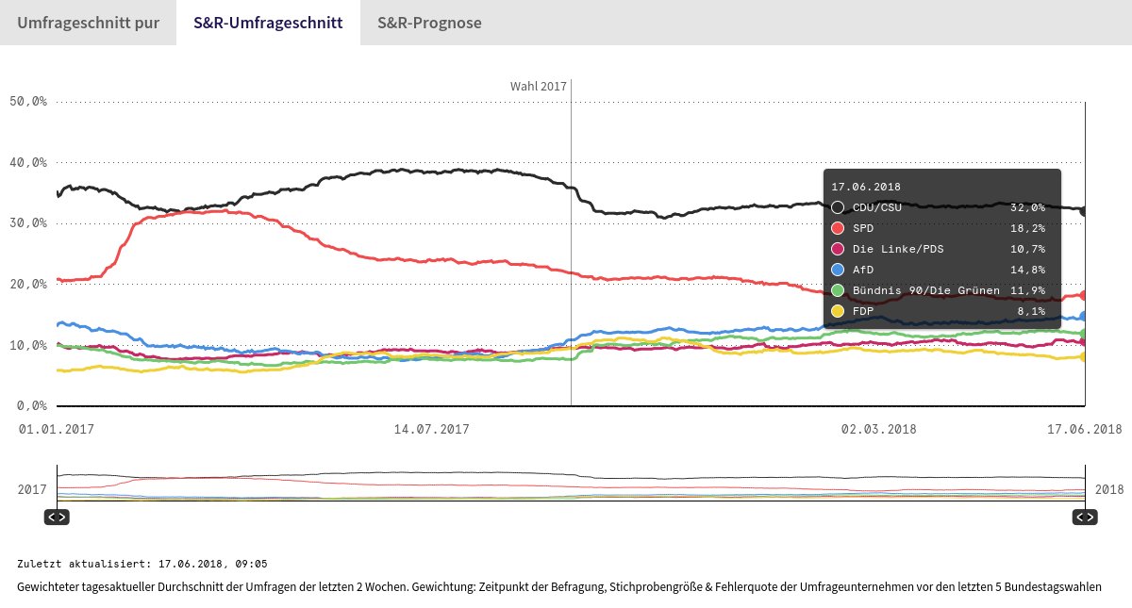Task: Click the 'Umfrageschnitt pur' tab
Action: coord(88,23)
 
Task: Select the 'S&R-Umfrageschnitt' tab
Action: coord(268,23)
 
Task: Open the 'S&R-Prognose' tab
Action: coord(429,23)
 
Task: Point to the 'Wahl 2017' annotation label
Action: coord(538,86)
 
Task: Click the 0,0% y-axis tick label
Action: coord(31,406)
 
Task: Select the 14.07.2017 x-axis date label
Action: coord(431,429)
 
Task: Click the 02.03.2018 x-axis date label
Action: coord(878,429)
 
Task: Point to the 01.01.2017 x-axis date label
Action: coord(57,429)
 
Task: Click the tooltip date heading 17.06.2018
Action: coord(866,187)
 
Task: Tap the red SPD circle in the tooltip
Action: coord(838,228)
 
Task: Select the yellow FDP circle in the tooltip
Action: coord(838,310)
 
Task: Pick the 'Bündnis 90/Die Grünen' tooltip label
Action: coord(925,290)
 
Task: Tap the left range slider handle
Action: coord(57,517)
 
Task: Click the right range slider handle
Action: coord(1085,517)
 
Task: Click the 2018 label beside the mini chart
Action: coord(1109,490)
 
